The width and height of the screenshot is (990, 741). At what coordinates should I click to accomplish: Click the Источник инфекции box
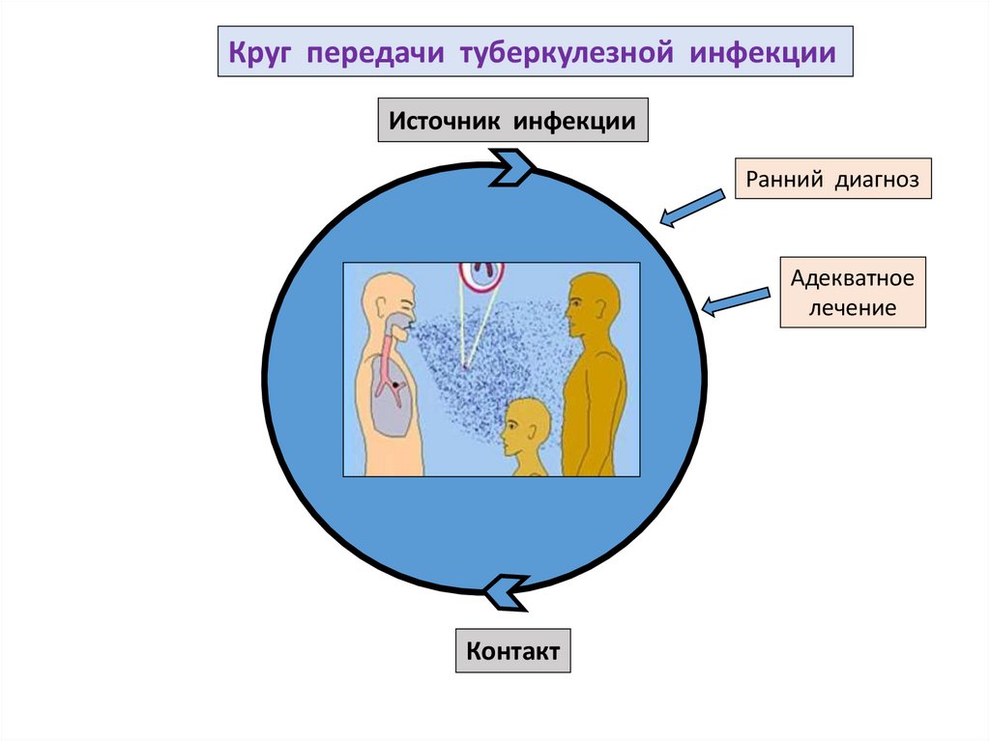(511, 122)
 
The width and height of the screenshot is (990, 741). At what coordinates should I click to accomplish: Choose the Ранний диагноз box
(832, 179)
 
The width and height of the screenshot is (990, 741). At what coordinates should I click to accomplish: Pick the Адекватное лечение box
(852, 293)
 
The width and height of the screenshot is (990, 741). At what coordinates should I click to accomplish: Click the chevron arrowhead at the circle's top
(511, 166)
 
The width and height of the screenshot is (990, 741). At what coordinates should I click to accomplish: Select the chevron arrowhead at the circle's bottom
(505, 591)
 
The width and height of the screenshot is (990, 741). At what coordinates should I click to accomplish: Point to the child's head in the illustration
(527, 425)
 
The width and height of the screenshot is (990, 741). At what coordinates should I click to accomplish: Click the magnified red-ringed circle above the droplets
(480, 273)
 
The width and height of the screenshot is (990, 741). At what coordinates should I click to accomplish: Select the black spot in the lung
(394, 385)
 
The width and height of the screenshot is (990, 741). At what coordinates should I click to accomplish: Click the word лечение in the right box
(852, 310)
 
